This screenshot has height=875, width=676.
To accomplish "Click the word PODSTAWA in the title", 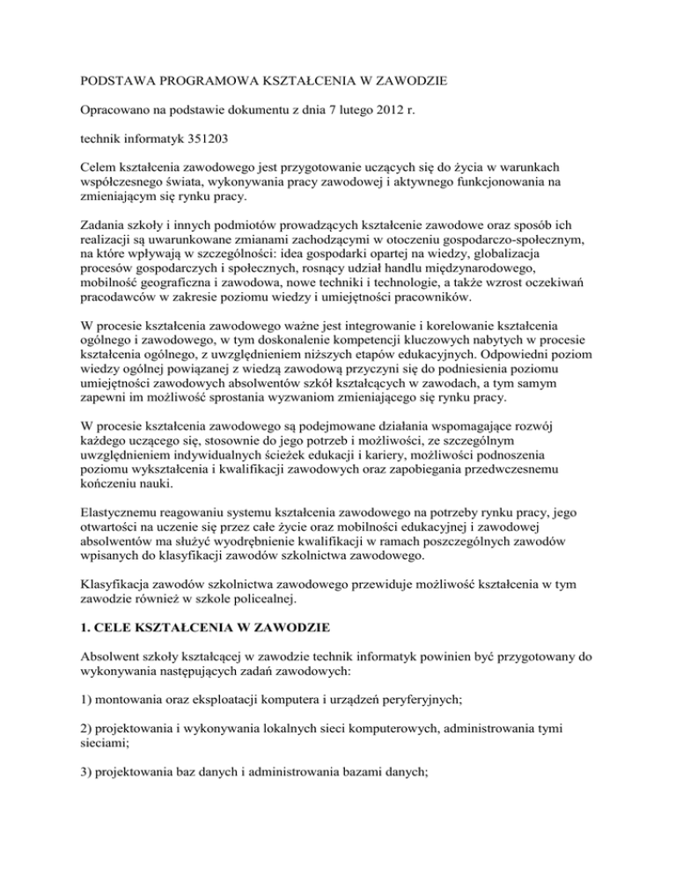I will [94, 81].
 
